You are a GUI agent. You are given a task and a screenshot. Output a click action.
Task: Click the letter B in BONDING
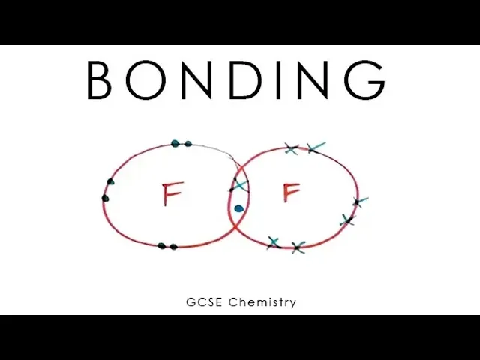pos(103,79)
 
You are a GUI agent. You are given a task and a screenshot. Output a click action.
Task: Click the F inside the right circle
pos(291,193)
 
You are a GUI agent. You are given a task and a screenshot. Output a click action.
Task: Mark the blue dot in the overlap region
pos(238,208)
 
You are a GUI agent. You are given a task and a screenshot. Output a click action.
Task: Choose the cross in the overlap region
pos(239,184)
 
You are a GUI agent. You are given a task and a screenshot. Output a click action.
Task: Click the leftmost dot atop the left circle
pos(175,143)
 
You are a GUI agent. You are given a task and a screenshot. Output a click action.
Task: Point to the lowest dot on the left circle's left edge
pos(106,199)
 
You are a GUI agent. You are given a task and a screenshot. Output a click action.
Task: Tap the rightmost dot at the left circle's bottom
pos(174,246)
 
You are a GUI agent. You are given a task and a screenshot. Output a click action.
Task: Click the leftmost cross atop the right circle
pos(292,148)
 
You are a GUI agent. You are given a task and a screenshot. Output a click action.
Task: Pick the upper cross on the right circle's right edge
pos(358,201)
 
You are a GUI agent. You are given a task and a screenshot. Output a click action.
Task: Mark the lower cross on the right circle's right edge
pos(347,220)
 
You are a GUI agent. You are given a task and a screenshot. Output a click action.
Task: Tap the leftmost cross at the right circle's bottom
pos(274,241)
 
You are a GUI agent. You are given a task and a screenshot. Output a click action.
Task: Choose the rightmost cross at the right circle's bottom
pos(298,247)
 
